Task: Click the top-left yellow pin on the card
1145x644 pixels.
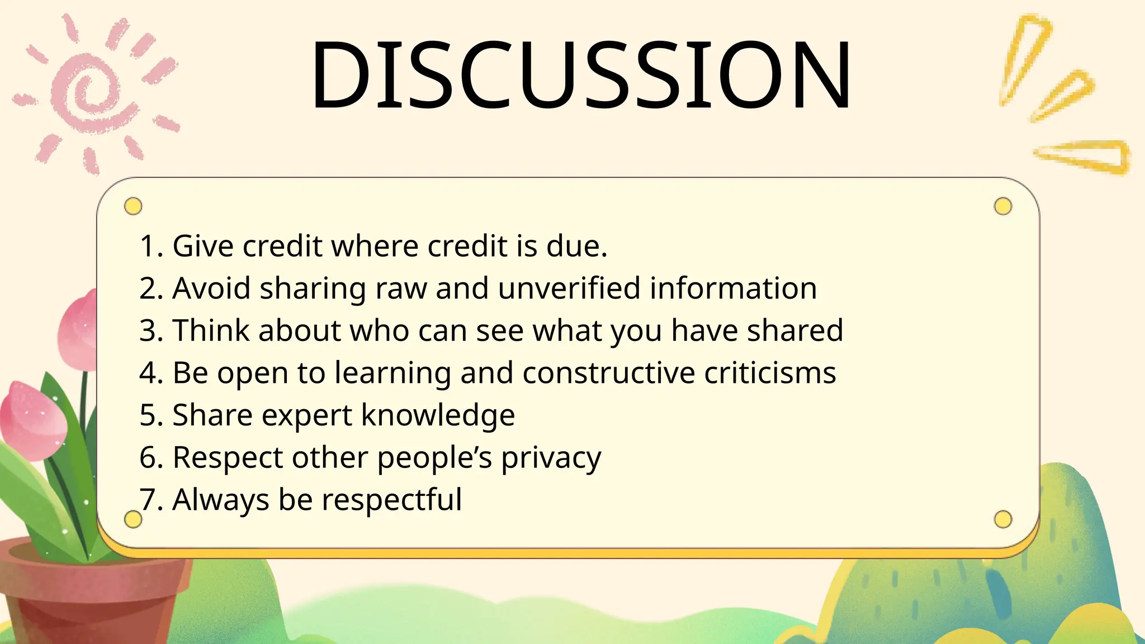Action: (x=133, y=206)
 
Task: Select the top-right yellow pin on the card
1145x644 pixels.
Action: (x=1003, y=206)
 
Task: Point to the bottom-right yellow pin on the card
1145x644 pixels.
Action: (x=1003, y=519)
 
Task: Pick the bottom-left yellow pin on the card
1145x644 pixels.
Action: (x=133, y=519)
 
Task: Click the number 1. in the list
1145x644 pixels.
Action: (x=151, y=246)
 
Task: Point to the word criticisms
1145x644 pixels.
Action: (x=770, y=373)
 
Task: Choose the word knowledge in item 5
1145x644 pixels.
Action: (x=438, y=415)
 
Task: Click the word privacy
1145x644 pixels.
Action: (x=551, y=458)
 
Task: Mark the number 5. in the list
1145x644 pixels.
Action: (x=151, y=415)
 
